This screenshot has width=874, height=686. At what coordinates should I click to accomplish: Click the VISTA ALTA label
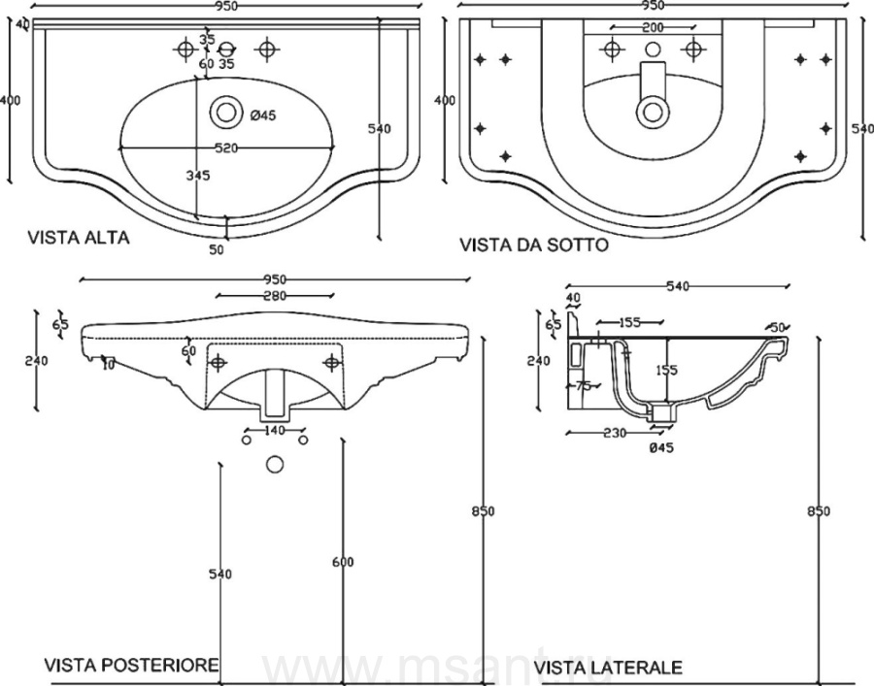[x=78, y=237]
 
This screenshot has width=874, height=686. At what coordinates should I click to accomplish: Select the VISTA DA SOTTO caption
[x=534, y=245]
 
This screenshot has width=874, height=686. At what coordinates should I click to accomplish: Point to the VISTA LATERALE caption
[x=608, y=667]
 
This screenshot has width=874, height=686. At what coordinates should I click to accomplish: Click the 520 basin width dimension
[x=226, y=147]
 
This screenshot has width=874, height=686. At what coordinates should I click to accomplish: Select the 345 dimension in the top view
[x=198, y=176]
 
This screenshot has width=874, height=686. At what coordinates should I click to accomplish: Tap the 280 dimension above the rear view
[x=275, y=296]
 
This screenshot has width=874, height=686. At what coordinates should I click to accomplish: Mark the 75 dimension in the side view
[x=583, y=385]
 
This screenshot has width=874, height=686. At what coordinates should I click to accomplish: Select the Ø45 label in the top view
[x=263, y=115]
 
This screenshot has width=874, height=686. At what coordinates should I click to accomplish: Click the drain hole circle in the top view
[x=226, y=112]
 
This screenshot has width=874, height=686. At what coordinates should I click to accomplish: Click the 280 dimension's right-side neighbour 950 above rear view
[x=275, y=279]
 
